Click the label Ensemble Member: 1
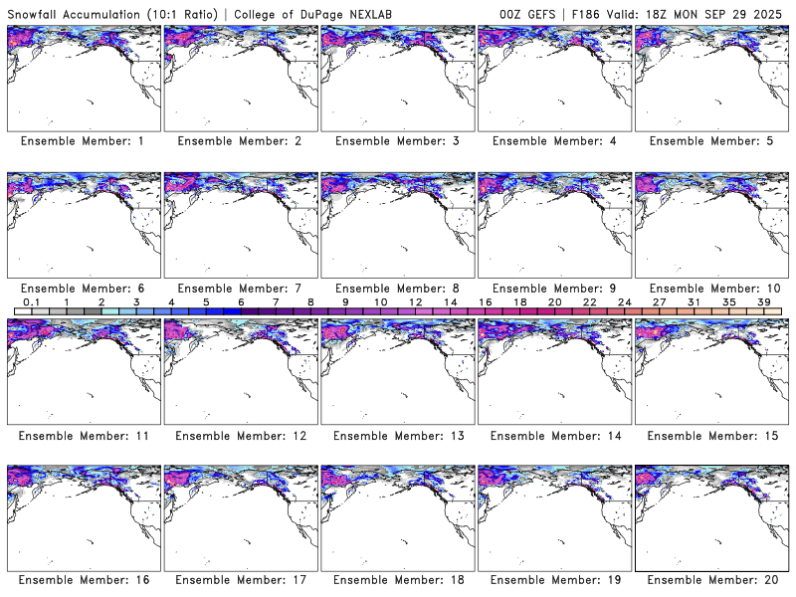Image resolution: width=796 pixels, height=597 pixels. click(x=82, y=141)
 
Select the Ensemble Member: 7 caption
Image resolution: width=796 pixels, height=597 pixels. click(x=239, y=288)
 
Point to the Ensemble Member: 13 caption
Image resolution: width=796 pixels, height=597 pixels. click(x=396, y=436)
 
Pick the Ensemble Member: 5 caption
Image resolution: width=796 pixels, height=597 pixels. click(x=710, y=141)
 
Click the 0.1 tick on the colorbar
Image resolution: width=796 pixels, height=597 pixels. click(x=31, y=301)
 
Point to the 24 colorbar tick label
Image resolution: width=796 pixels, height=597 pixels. click(x=625, y=301)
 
